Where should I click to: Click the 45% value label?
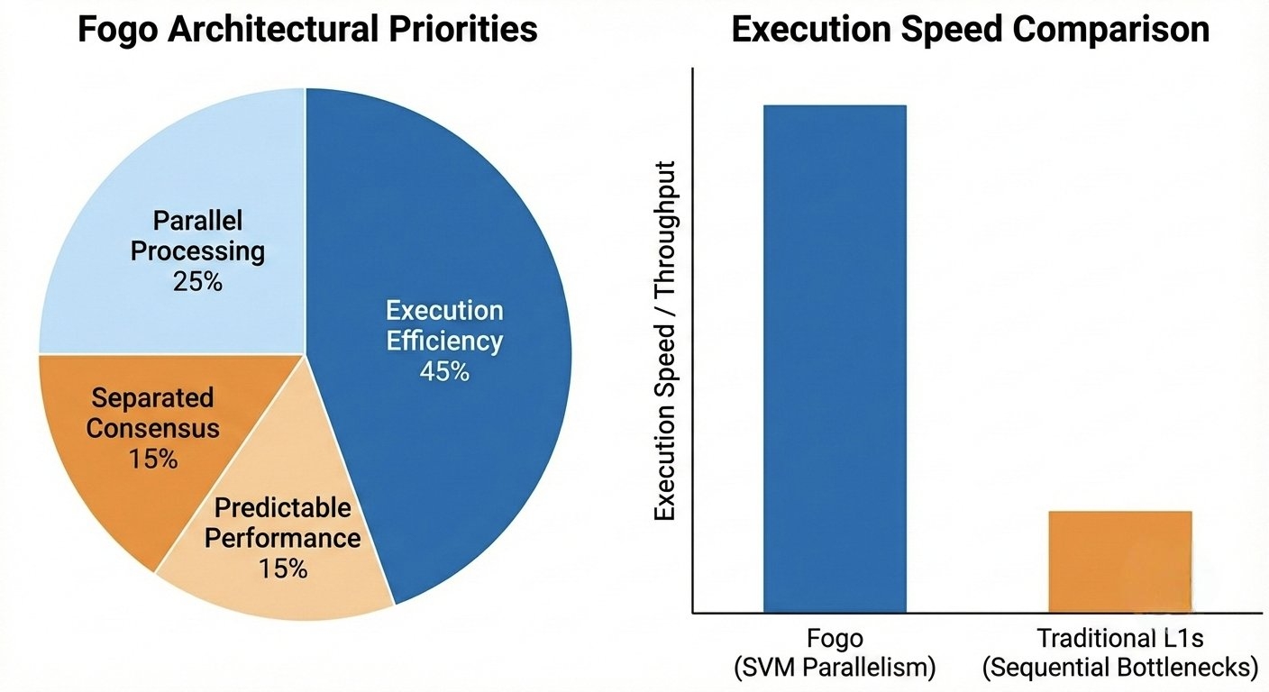coord(444,370)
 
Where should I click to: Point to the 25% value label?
coord(197,281)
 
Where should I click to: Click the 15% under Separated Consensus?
coord(152,458)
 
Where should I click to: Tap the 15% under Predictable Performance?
coord(283,569)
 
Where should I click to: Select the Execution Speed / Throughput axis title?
coord(666,341)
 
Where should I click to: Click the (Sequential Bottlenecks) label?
coord(1119,668)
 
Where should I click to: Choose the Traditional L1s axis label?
coord(1119,639)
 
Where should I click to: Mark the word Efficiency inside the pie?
coord(444,341)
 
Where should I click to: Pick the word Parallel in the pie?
coord(197,220)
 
